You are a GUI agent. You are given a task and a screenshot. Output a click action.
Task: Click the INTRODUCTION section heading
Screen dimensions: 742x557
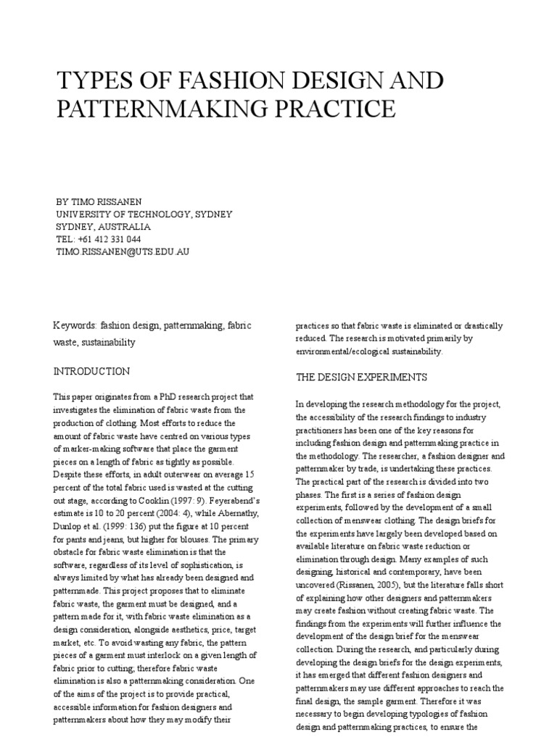click(x=92, y=371)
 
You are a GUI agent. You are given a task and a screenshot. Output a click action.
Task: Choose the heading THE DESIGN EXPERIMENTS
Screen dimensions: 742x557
click(x=361, y=378)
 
